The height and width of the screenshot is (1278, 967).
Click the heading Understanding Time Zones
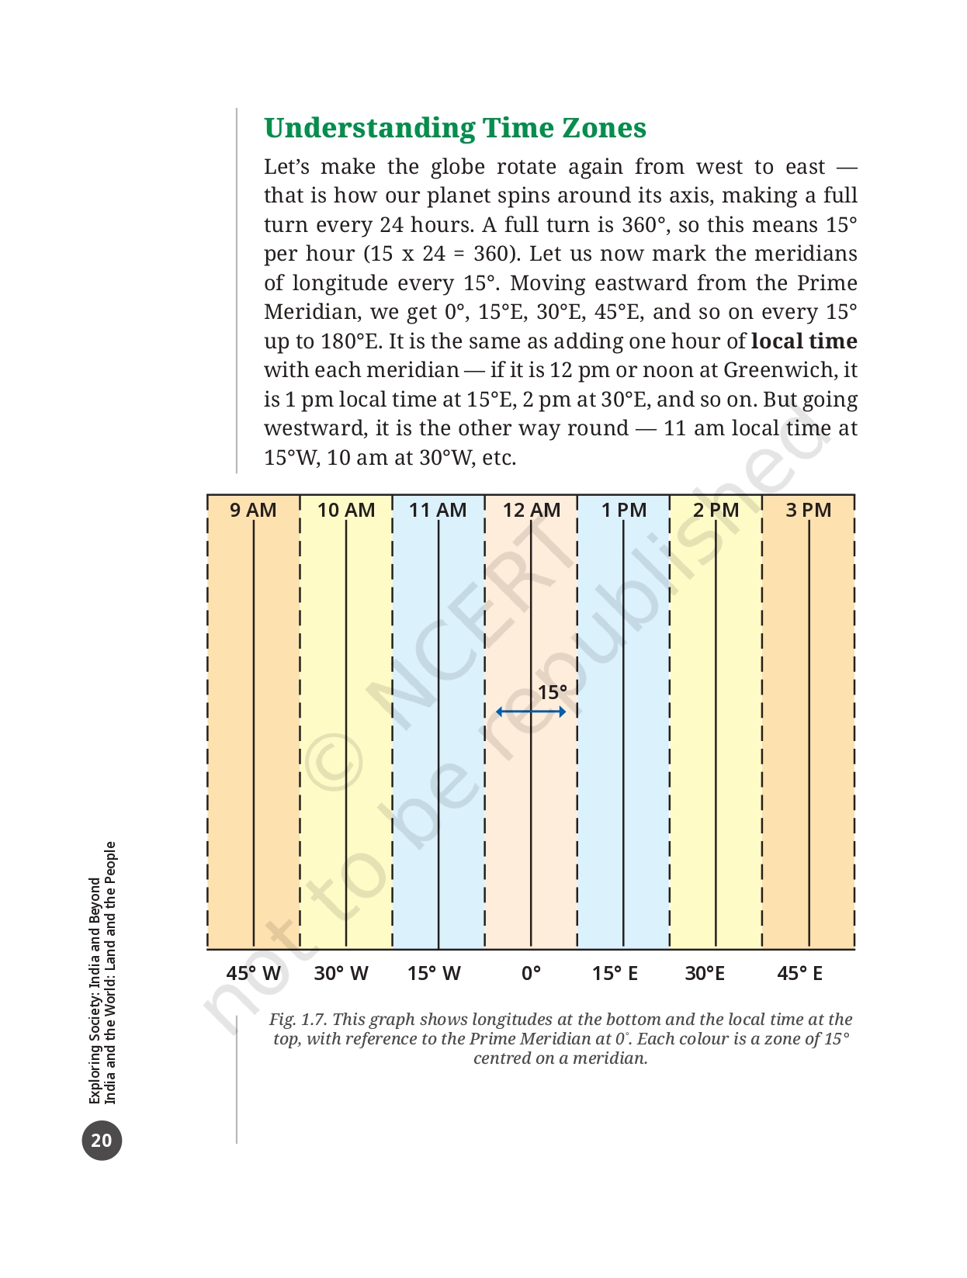click(455, 128)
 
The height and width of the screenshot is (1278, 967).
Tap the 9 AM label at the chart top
click(253, 510)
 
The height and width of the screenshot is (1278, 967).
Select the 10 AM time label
click(346, 510)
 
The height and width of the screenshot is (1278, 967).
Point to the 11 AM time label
click(438, 510)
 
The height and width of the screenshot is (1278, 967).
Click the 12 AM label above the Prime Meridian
click(532, 510)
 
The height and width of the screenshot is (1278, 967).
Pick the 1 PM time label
click(624, 510)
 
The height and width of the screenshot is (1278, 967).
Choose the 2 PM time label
click(716, 510)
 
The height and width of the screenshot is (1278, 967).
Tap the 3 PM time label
click(809, 510)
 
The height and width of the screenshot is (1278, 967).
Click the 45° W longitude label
click(253, 973)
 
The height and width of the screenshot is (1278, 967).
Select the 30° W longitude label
click(341, 973)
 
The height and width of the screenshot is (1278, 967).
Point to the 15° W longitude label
click(434, 973)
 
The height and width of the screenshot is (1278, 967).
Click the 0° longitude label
click(531, 973)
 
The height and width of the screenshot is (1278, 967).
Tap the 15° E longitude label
click(615, 973)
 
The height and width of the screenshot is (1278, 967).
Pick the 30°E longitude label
click(705, 973)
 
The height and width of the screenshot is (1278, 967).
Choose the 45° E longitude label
click(799, 973)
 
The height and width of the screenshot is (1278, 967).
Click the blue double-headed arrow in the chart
click(531, 712)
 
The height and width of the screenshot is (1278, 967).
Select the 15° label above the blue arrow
click(553, 692)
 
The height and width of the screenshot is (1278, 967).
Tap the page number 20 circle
click(102, 1140)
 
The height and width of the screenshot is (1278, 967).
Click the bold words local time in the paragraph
click(804, 341)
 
